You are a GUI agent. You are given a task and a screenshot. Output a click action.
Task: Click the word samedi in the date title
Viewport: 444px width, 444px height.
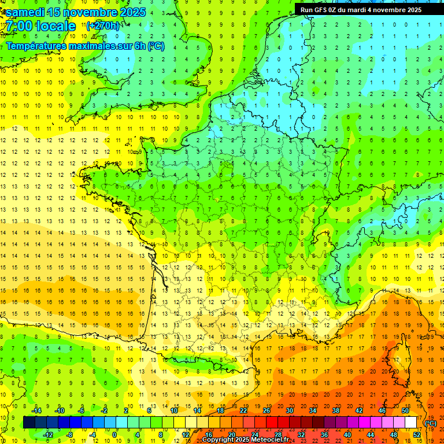pyautogui.click(x=25, y=12)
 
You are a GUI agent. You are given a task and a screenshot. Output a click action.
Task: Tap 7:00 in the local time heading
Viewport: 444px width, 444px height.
pyautogui.click(x=22, y=26)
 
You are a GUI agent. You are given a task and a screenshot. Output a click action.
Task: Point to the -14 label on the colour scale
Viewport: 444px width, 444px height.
pyautogui.click(x=36, y=410)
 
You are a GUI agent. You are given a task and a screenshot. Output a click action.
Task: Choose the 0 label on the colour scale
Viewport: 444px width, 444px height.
pyautogui.click(x=114, y=435)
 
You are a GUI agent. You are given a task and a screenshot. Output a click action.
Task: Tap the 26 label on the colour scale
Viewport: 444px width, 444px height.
pyautogui.click(x=266, y=410)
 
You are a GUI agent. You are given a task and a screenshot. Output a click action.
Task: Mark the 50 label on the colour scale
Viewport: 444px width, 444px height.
pyautogui.click(x=405, y=410)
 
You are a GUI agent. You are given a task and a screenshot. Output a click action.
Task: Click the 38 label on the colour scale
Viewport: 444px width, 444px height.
pyautogui.click(x=335, y=410)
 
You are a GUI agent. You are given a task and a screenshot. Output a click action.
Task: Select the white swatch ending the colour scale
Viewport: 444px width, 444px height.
pyautogui.click(x=410, y=423)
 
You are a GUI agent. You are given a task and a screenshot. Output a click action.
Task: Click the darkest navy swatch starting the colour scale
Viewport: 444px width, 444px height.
pyautogui.click(x=29, y=423)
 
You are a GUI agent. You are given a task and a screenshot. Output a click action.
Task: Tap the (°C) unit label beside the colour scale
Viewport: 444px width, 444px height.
pyautogui.click(x=430, y=423)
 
